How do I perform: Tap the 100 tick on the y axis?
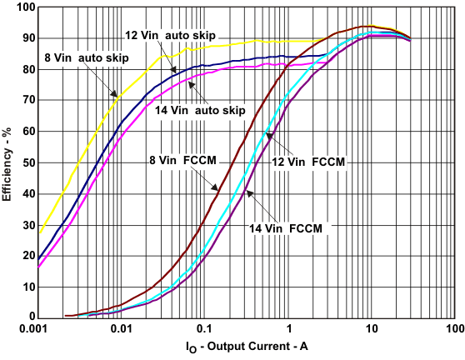click(x=24, y=7)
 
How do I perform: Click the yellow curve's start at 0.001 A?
click(x=39, y=232)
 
